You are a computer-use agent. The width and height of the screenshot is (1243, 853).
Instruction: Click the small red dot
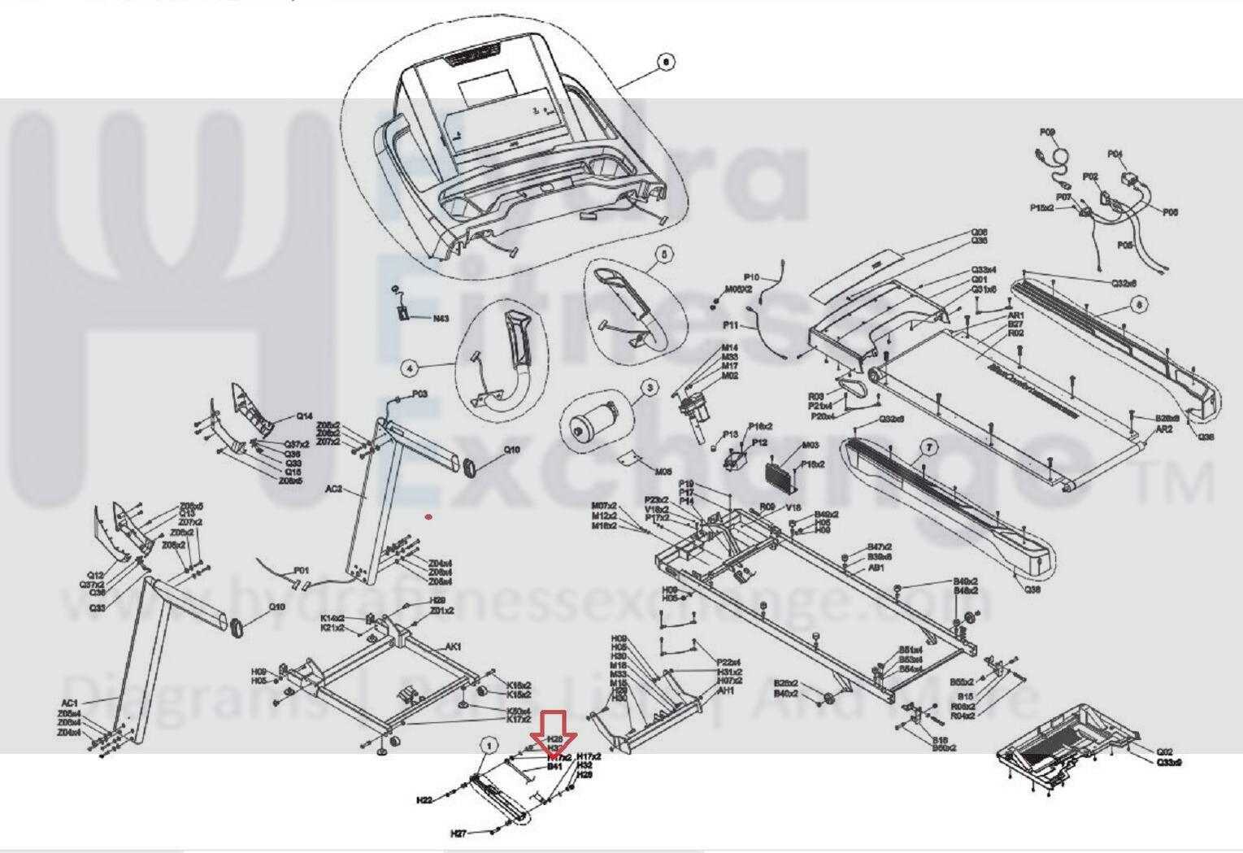tap(428, 516)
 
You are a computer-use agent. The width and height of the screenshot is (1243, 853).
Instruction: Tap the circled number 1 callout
tap(489, 745)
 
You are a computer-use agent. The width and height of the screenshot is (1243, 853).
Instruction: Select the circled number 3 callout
tap(650, 389)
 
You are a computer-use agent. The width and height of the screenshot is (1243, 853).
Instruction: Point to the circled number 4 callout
tap(410, 368)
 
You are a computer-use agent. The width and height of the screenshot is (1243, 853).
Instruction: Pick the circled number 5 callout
tap(664, 255)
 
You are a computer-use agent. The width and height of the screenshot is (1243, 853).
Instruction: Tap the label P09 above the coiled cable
tap(1047, 132)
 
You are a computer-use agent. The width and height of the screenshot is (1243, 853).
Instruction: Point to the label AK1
tap(453, 646)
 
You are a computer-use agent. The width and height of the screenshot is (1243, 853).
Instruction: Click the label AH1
tap(726, 691)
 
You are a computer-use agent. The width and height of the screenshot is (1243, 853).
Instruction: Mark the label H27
tap(459, 833)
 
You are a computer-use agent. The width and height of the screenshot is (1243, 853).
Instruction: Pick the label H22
tap(424, 800)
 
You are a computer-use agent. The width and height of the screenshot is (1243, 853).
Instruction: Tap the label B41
tap(554, 767)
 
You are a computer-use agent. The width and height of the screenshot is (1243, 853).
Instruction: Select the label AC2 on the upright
tap(333, 490)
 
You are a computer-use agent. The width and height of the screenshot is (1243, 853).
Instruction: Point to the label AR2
tap(1163, 429)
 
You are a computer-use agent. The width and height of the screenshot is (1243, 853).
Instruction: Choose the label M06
tap(663, 472)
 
